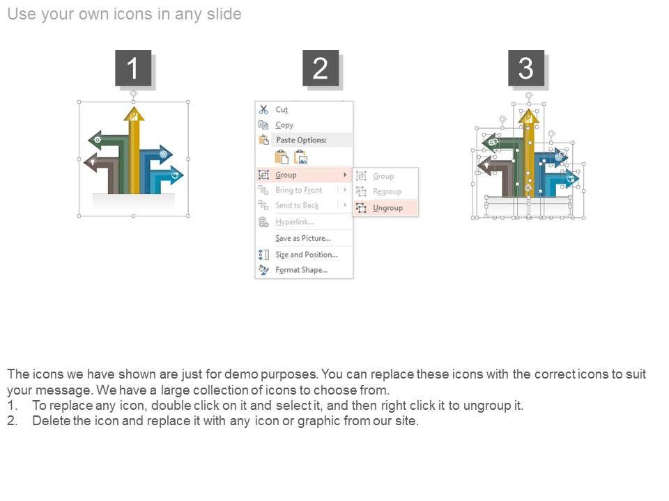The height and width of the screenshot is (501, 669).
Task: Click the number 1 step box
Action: [133, 68]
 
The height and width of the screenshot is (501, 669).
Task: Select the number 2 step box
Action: [321, 68]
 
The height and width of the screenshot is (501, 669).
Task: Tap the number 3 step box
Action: [526, 68]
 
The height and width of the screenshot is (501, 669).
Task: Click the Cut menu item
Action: [282, 109]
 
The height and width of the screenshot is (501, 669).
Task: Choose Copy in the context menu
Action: [284, 125]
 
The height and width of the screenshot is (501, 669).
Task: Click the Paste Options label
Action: [301, 140]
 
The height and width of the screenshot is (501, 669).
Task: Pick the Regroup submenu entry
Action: [387, 191]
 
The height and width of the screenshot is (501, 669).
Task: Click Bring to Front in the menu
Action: [299, 190]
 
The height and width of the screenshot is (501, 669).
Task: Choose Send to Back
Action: [297, 205]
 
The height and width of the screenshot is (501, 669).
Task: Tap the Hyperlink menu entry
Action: [294, 221]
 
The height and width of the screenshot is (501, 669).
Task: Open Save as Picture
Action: [303, 238]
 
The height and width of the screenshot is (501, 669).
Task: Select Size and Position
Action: [307, 255]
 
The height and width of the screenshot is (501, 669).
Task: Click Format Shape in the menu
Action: [301, 270]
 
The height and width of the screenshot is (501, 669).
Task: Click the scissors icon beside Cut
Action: [263, 109]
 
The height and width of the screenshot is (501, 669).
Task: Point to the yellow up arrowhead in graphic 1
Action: [134, 113]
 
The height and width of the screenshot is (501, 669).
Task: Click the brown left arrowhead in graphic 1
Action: [92, 162]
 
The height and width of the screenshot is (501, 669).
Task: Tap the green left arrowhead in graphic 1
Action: [96, 140]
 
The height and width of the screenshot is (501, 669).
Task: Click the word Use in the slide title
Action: [22, 14]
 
